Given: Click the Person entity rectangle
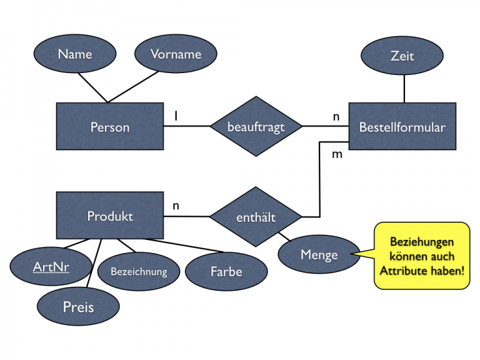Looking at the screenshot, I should tap(110, 127).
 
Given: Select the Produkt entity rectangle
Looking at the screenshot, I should tap(110, 216).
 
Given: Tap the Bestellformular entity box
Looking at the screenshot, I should tap(402, 127).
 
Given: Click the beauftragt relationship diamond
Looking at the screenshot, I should tap(256, 127).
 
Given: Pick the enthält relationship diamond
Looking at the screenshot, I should tap(256, 217).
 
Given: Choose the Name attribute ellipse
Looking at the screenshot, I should tap(75, 54).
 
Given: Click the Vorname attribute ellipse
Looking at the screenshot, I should tap(176, 54).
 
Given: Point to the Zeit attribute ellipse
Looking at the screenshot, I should tap(402, 56).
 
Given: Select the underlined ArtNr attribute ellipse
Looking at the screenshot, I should tap(51, 267).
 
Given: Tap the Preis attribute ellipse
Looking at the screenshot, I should tap(78, 307).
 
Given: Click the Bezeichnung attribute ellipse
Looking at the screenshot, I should tap(139, 272).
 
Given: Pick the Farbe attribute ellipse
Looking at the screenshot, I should tap(226, 272).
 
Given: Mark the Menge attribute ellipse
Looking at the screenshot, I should tap(318, 255).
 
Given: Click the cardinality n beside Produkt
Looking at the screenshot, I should tap(176, 205).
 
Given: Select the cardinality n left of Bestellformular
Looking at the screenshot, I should tap(336, 116).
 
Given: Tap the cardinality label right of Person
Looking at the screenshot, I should tap(176, 116).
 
